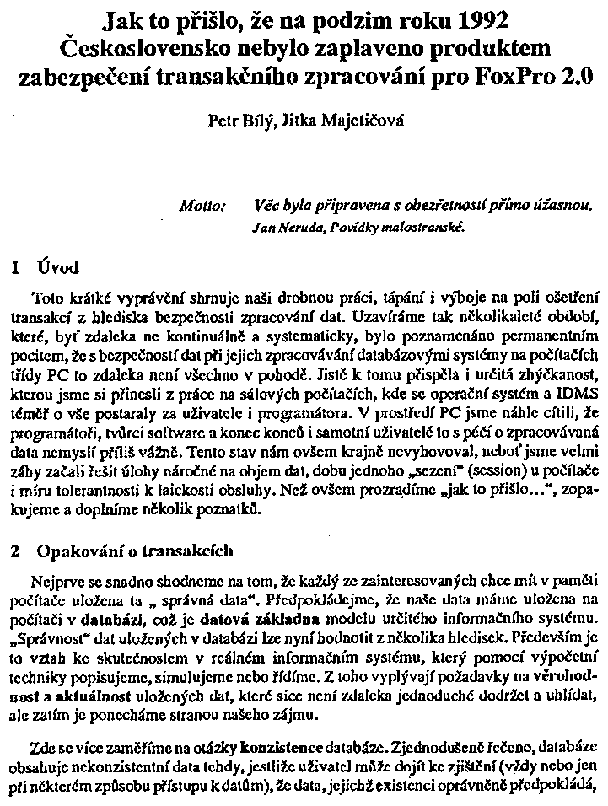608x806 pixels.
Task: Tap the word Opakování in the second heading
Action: click(x=77, y=551)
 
